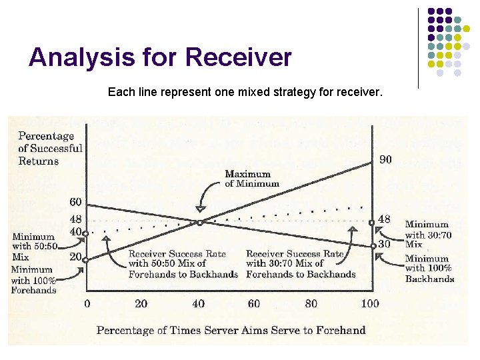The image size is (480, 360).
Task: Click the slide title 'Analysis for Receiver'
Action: pos(160,57)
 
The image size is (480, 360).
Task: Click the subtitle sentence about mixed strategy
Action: pos(245,92)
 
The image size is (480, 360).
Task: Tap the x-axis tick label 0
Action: pos(87,304)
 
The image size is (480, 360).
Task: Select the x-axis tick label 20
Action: pos(141,304)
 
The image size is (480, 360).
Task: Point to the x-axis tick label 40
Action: pos(199,304)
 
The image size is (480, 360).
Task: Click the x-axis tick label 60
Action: pos(253,304)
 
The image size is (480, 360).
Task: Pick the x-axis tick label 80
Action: pos(311,304)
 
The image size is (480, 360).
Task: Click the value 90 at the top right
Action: pos(385,159)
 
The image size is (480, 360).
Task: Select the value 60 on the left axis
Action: pos(76,202)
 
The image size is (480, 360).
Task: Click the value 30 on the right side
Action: pos(384,244)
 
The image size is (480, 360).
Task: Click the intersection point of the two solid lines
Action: pos(199,222)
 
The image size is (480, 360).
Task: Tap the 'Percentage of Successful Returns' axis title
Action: pos(50,149)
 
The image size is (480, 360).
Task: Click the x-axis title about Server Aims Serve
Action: pos(231,330)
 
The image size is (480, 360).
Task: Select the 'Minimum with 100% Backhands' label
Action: pos(429,269)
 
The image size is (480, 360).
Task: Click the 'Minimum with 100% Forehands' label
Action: pos(33,280)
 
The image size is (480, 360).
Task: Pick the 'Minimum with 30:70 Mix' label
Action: pos(427,234)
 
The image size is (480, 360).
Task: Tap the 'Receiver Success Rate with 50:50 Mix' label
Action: pos(183,264)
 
